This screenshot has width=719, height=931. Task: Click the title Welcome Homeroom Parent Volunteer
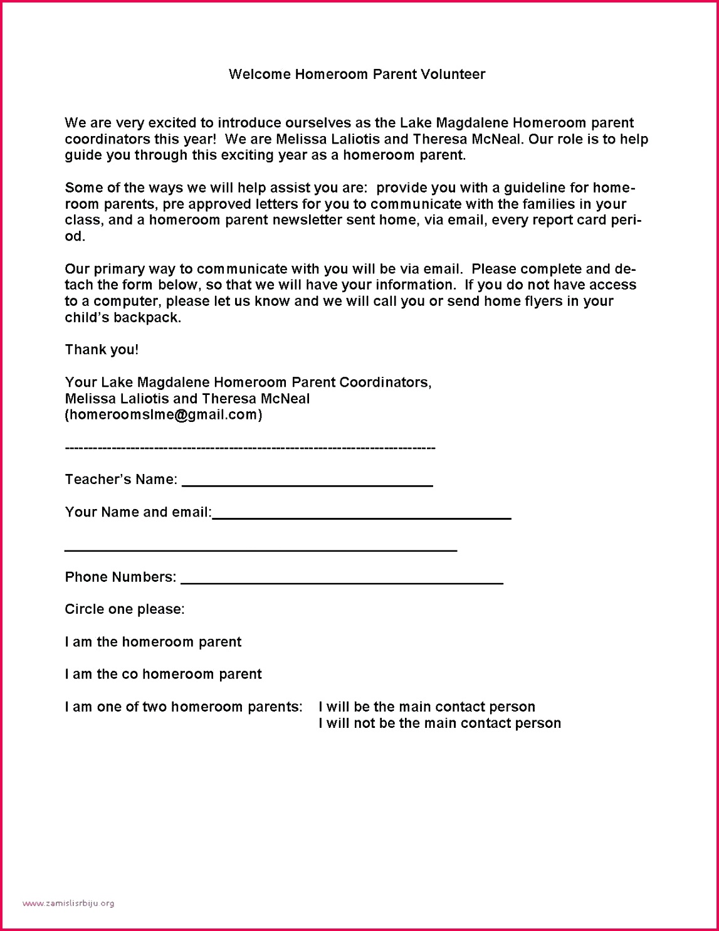(357, 75)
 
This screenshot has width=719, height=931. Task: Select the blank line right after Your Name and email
(362, 515)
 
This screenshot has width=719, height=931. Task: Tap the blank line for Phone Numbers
(342, 581)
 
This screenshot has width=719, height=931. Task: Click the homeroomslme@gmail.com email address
(164, 415)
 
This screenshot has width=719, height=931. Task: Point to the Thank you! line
(102, 350)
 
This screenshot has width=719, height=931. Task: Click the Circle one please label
(125, 609)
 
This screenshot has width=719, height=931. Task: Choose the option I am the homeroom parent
(153, 642)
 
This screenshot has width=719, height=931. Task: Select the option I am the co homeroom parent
(163, 675)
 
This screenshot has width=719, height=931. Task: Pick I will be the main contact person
(427, 707)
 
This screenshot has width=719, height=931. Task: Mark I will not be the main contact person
(439, 723)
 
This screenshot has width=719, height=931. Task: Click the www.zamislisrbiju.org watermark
(68, 903)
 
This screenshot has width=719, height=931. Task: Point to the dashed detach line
(250, 448)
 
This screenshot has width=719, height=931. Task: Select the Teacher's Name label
(121, 480)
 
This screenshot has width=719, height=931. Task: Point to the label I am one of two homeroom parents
(184, 707)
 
